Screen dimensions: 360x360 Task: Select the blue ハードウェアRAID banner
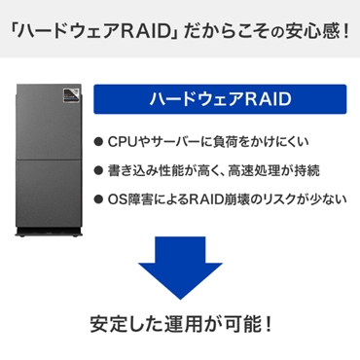[220, 100]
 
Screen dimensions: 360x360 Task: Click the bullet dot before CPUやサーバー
[100, 141]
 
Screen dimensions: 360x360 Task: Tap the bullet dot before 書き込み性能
[100, 171]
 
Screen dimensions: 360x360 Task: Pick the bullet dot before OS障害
[100, 201]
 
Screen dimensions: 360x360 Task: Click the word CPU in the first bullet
[126, 141]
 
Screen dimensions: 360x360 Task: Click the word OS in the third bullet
[121, 201]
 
